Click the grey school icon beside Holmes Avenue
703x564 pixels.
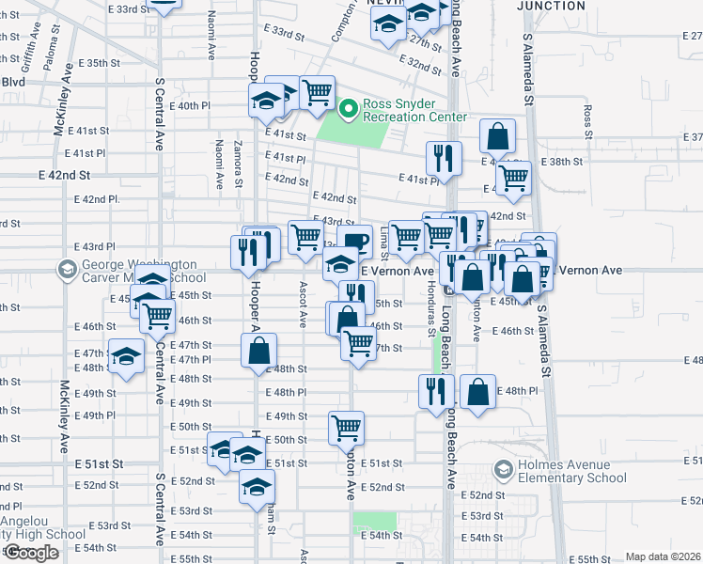pos(503,468)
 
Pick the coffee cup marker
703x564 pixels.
pos(354,242)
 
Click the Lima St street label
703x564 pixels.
pos(384,237)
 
